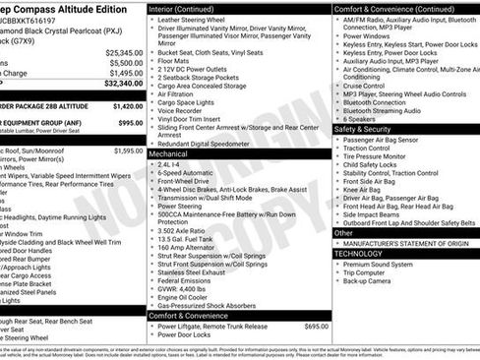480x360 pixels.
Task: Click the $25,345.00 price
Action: coord(124,51)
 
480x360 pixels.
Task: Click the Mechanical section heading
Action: coord(171,153)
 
